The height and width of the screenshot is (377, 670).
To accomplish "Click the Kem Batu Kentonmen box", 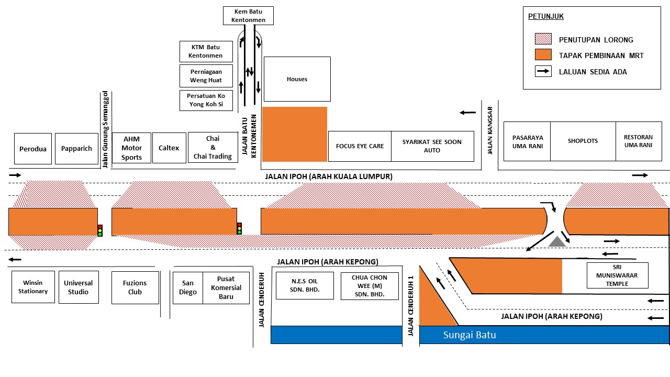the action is tap(248, 16).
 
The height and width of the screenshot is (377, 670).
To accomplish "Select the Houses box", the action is tap(297, 79).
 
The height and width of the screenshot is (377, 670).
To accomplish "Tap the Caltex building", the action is tap(169, 148).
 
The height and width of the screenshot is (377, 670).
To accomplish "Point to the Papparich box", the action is tap(76, 148).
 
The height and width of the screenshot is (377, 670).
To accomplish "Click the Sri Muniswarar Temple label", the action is tap(617, 275).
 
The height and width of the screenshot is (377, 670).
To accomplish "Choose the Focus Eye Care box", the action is tap(360, 146).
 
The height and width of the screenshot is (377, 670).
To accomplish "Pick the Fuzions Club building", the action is tap(135, 287).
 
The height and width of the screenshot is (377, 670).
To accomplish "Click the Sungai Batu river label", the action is tap(470, 335).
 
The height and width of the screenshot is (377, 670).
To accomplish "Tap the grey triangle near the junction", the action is tap(557, 241).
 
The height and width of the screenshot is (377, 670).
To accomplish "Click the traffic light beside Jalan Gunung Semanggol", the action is tap(100, 230).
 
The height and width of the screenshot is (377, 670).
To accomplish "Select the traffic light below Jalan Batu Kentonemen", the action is tap(239, 228).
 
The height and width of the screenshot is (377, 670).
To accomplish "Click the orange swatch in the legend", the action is tap(543, 55).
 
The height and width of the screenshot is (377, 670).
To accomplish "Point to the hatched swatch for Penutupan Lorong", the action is tap(543, 39).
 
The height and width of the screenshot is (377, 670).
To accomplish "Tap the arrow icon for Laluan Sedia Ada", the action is tap(543, 71).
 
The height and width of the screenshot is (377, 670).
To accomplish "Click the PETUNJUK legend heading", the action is tap(545, 16).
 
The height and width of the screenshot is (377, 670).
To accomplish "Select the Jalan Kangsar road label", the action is tap(489, 130).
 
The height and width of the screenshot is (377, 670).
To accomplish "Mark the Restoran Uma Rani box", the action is tap(639, 141).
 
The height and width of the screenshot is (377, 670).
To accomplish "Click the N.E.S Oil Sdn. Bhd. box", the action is tap(305, 285).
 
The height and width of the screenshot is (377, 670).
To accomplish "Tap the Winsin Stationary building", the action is tap(33, 287).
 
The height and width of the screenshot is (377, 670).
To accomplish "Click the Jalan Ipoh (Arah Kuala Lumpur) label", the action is tap(329, 176).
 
